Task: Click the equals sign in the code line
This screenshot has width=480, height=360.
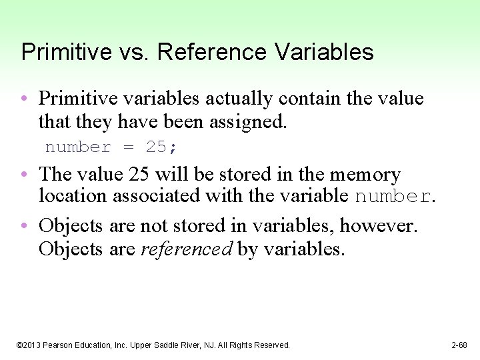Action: click(128, 147)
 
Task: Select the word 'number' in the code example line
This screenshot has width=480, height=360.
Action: click(78, 147)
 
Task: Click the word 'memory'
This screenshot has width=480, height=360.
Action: click(367, 175)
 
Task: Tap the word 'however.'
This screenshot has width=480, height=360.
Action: click(379, 226)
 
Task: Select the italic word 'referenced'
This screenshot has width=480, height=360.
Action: click(187, 249)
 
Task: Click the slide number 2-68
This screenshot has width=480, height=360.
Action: click(459, 345)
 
